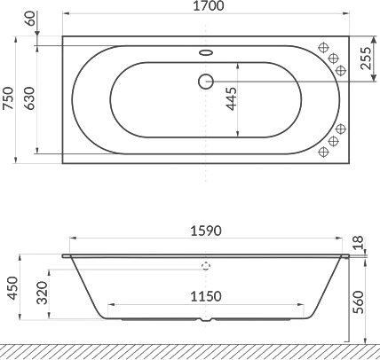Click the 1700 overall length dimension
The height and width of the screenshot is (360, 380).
click(x=205, y=8)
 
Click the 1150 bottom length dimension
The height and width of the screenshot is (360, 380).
click(x=206, y=298)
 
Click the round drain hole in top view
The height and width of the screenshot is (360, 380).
click(x=205, y=81)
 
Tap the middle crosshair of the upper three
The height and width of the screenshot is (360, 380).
click(x=336, y=59)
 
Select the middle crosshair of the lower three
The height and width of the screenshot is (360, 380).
click(x=336, y=141)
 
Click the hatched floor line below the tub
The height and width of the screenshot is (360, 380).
click(x=190, y=349)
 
